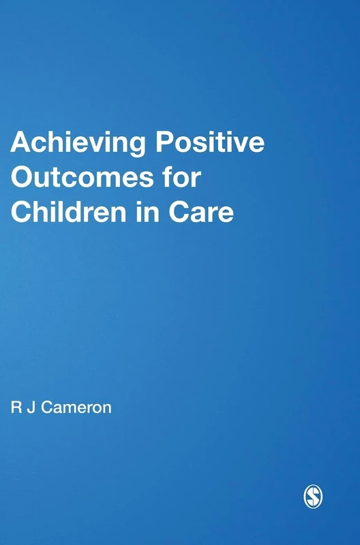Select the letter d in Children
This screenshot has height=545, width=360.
(75, 211)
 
